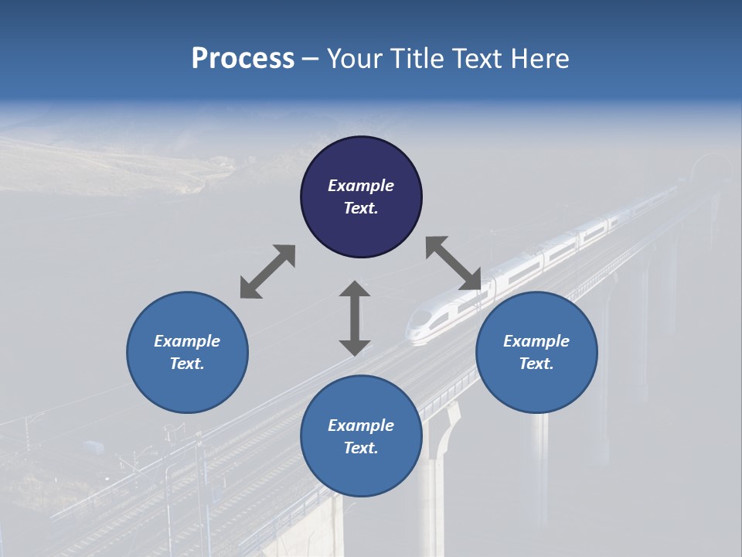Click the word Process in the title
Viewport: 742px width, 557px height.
point(243,59)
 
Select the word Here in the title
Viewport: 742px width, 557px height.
point(539,59)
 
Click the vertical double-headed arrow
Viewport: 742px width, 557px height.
point(355,318)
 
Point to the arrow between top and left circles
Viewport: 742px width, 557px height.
point(267,272)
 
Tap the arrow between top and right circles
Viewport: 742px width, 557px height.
point(453,263)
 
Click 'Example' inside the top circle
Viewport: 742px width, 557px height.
point(361,186)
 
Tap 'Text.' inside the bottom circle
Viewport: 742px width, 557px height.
point(361,448)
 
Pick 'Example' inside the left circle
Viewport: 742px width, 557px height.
point(187,341)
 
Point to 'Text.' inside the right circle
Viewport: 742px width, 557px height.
point(536,364)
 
